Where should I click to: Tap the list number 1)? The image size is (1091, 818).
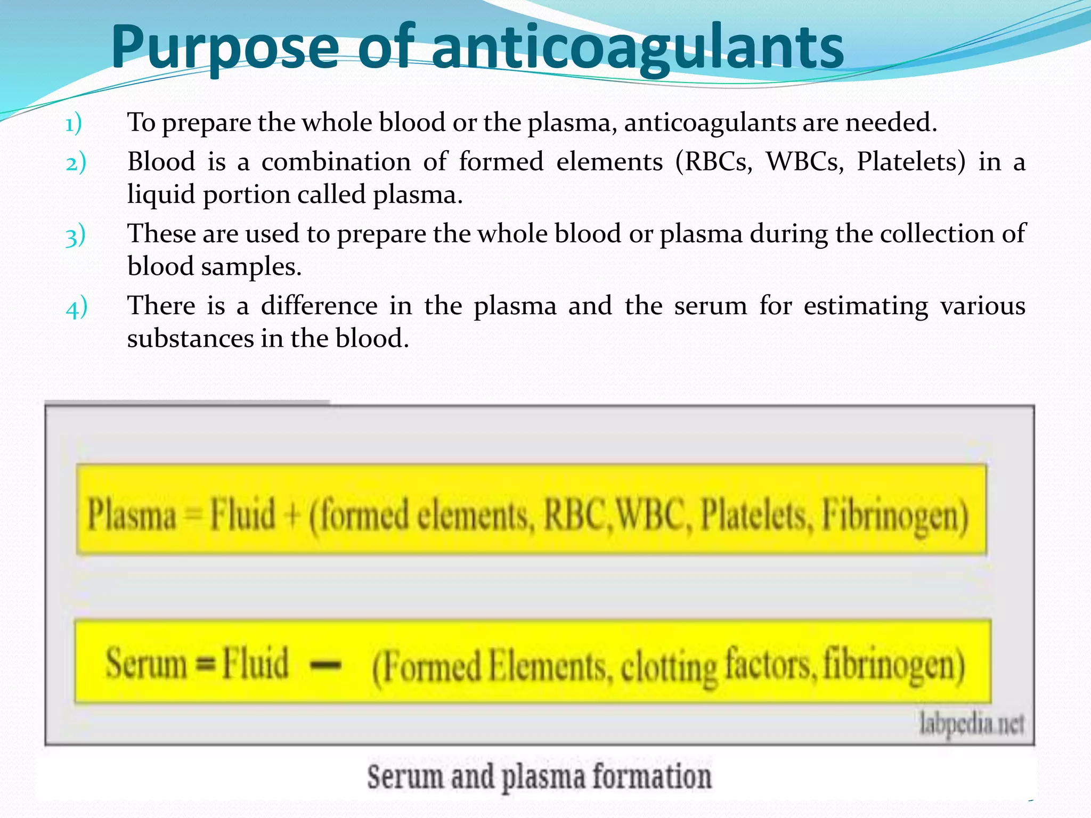pos(74,124)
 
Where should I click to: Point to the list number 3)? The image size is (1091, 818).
pos(75,235)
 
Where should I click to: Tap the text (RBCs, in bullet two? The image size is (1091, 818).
pos(714,161)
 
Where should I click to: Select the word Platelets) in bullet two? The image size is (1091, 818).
pos(911,161)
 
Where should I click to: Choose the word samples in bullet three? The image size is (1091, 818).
pos(251,266)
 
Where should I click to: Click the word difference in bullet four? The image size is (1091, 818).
pos(319,306)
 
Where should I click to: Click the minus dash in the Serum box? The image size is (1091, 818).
pos(325,665)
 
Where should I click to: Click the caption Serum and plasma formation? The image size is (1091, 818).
pos(539,776)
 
